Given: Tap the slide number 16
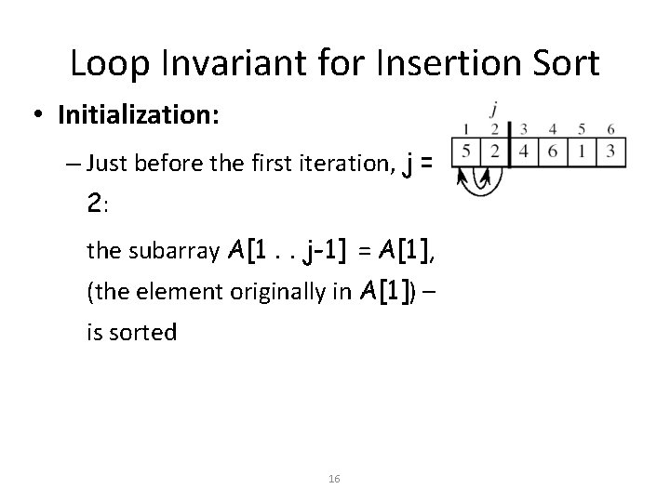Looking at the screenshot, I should [335, 478].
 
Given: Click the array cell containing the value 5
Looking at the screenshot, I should [465, 150].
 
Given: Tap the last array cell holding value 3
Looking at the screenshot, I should [610, 150].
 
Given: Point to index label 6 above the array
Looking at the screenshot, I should [610, 128].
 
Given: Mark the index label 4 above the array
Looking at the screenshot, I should [554, 128].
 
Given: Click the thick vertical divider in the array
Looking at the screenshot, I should [509, 149].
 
